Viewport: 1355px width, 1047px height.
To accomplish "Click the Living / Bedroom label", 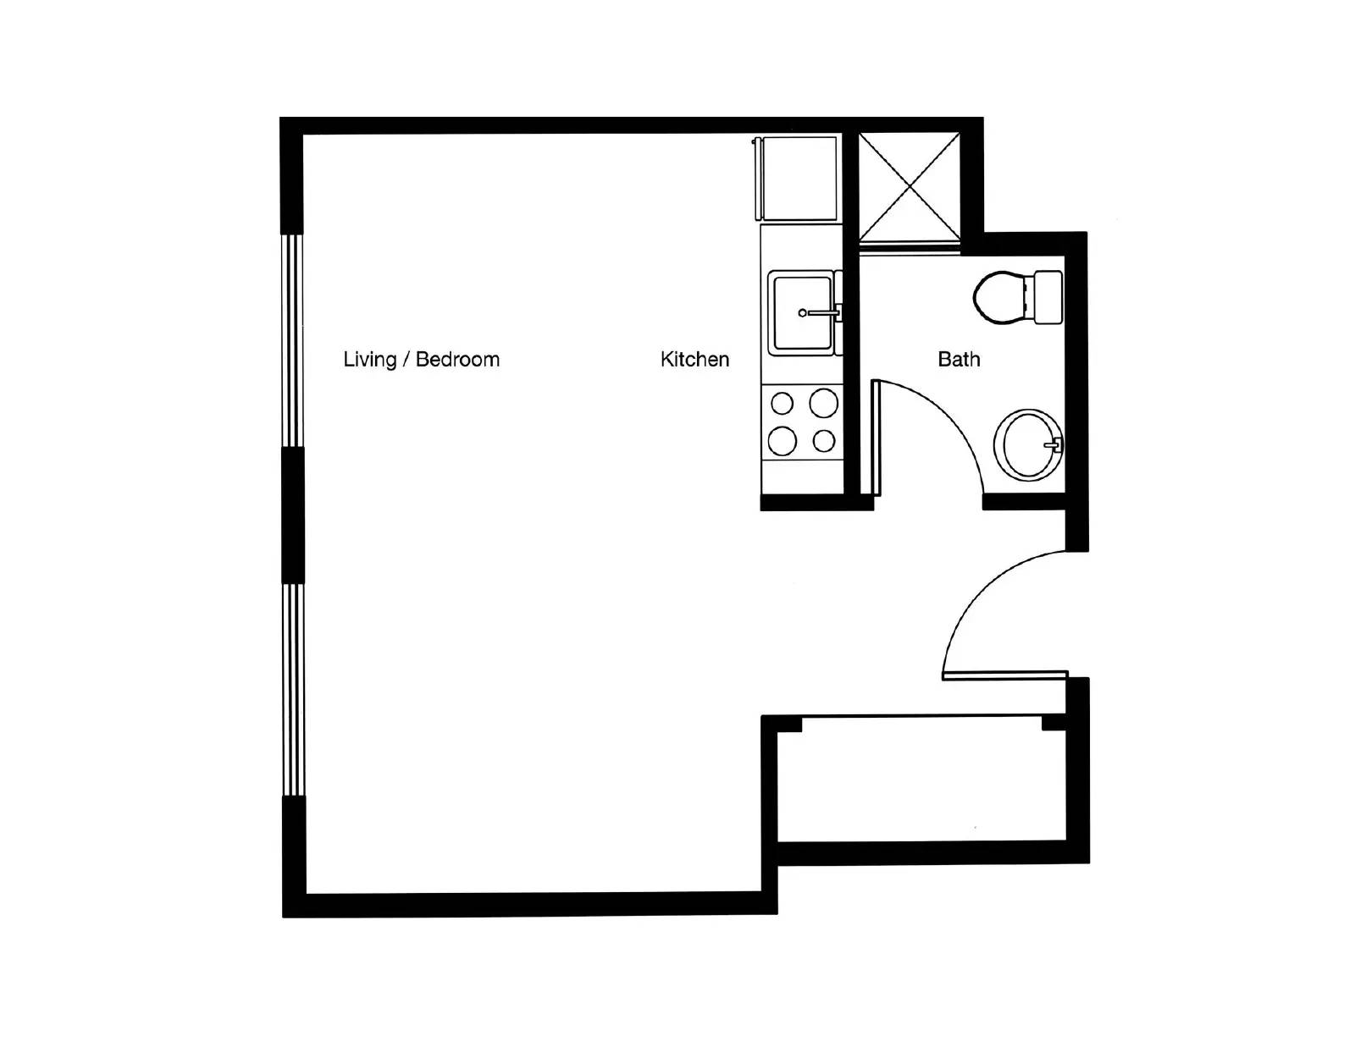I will (421, 359).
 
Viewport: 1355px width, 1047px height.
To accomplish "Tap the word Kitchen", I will (694, 359).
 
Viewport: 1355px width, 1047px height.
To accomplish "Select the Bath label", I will (959, 359).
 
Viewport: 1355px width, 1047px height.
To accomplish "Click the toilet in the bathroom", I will (1004, 297).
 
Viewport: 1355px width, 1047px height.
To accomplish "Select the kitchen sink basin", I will (800, 311).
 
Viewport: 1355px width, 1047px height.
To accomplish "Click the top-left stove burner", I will (782, 404).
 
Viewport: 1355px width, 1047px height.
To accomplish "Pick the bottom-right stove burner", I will (824, 441).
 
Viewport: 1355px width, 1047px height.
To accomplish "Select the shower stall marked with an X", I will (910, 187).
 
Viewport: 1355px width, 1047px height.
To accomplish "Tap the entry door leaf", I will (1004, 675).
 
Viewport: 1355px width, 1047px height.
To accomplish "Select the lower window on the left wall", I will (292, 689).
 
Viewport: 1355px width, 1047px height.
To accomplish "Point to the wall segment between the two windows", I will (292, 515).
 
